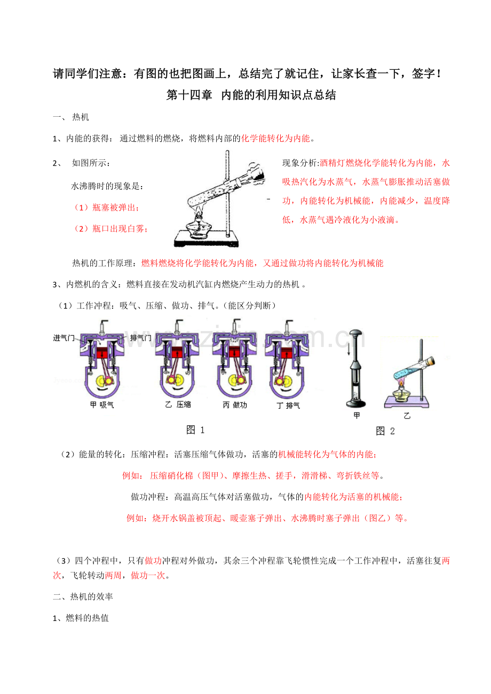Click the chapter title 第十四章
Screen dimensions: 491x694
189,95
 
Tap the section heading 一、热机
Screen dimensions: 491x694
71,117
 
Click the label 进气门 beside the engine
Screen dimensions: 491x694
64,338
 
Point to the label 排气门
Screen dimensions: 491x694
140,338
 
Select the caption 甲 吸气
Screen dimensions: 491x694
102,405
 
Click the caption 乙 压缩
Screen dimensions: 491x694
178,405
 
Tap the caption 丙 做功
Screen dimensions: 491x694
235,405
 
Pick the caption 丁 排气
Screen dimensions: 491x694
288,406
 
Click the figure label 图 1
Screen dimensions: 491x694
195,430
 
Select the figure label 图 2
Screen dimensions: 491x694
385,431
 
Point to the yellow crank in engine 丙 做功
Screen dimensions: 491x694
233,380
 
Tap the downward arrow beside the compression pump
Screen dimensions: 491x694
349,349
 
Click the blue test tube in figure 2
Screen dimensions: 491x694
414,368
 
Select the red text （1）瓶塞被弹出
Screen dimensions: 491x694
106,207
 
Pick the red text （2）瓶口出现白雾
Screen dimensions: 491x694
110,229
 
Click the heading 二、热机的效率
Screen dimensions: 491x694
83,596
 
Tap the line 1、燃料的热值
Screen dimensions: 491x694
81,618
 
